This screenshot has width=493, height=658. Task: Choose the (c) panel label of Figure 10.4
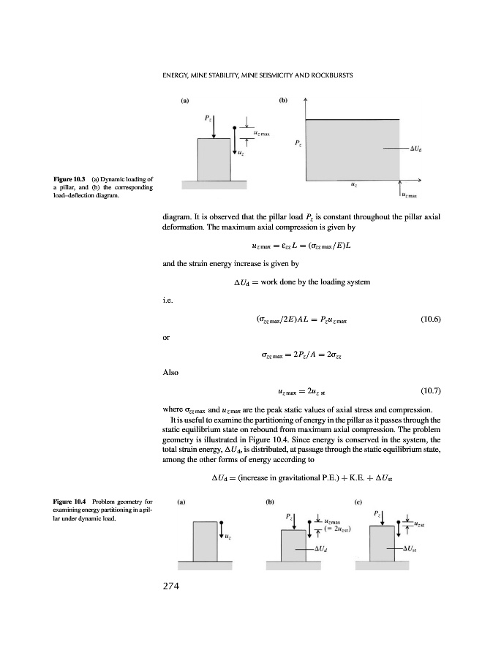358,502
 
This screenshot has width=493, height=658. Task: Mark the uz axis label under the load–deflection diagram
354,186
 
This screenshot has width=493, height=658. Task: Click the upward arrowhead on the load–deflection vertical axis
305,102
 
